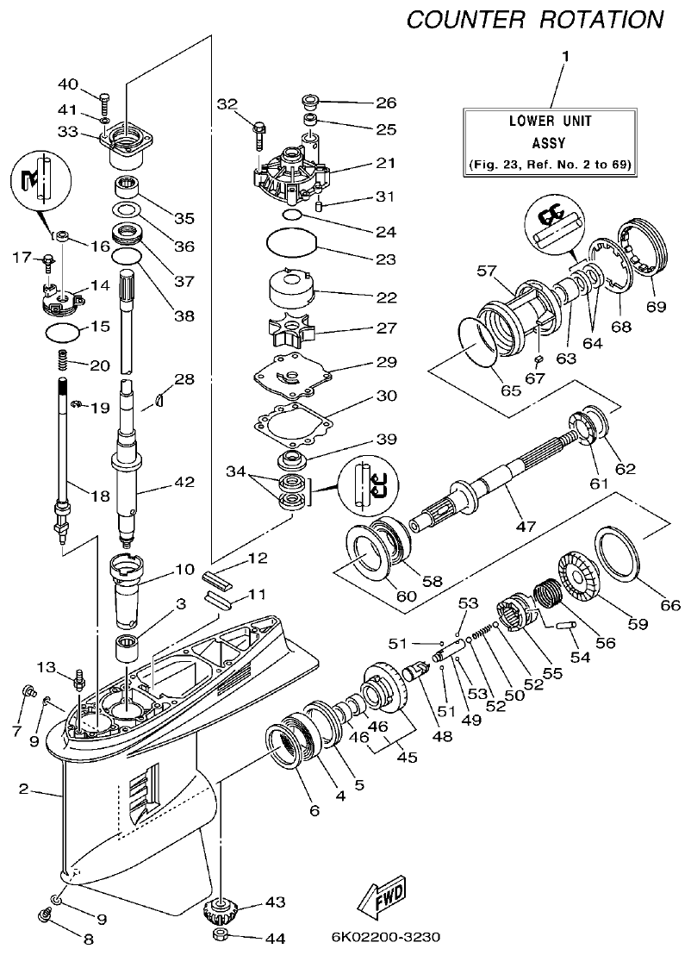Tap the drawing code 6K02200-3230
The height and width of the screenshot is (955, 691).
coord(384,938)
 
